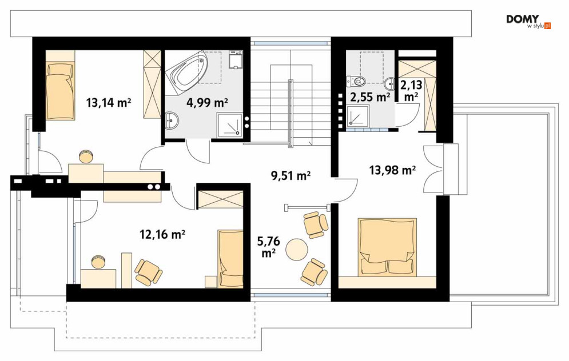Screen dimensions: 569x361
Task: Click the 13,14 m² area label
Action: pos(108,103)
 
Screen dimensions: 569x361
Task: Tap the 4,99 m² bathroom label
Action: pos(207,103)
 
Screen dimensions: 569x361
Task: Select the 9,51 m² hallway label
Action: pos(291,175)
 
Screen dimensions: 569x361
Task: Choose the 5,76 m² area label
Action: pos(268,246)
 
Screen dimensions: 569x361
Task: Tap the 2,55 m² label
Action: pos(370,97)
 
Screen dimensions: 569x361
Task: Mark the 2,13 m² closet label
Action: pos(411,90)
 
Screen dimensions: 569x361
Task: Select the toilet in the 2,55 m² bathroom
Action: pos(355,82)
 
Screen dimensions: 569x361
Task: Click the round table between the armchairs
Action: pos(297,249)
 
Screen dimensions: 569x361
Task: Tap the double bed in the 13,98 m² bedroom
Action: pos(387,247)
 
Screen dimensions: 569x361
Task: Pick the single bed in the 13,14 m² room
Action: pos(61,91)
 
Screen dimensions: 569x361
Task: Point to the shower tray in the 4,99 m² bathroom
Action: pos(229,126)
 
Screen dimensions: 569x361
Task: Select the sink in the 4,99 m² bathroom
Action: pos(172,120)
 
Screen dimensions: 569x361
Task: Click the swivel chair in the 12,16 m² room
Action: pos(148,272)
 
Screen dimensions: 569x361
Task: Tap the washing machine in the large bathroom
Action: pos(236,60)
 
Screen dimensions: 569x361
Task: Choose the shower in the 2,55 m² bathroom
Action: pos(358,117)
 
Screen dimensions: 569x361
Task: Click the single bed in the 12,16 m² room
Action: pos(230,258)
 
